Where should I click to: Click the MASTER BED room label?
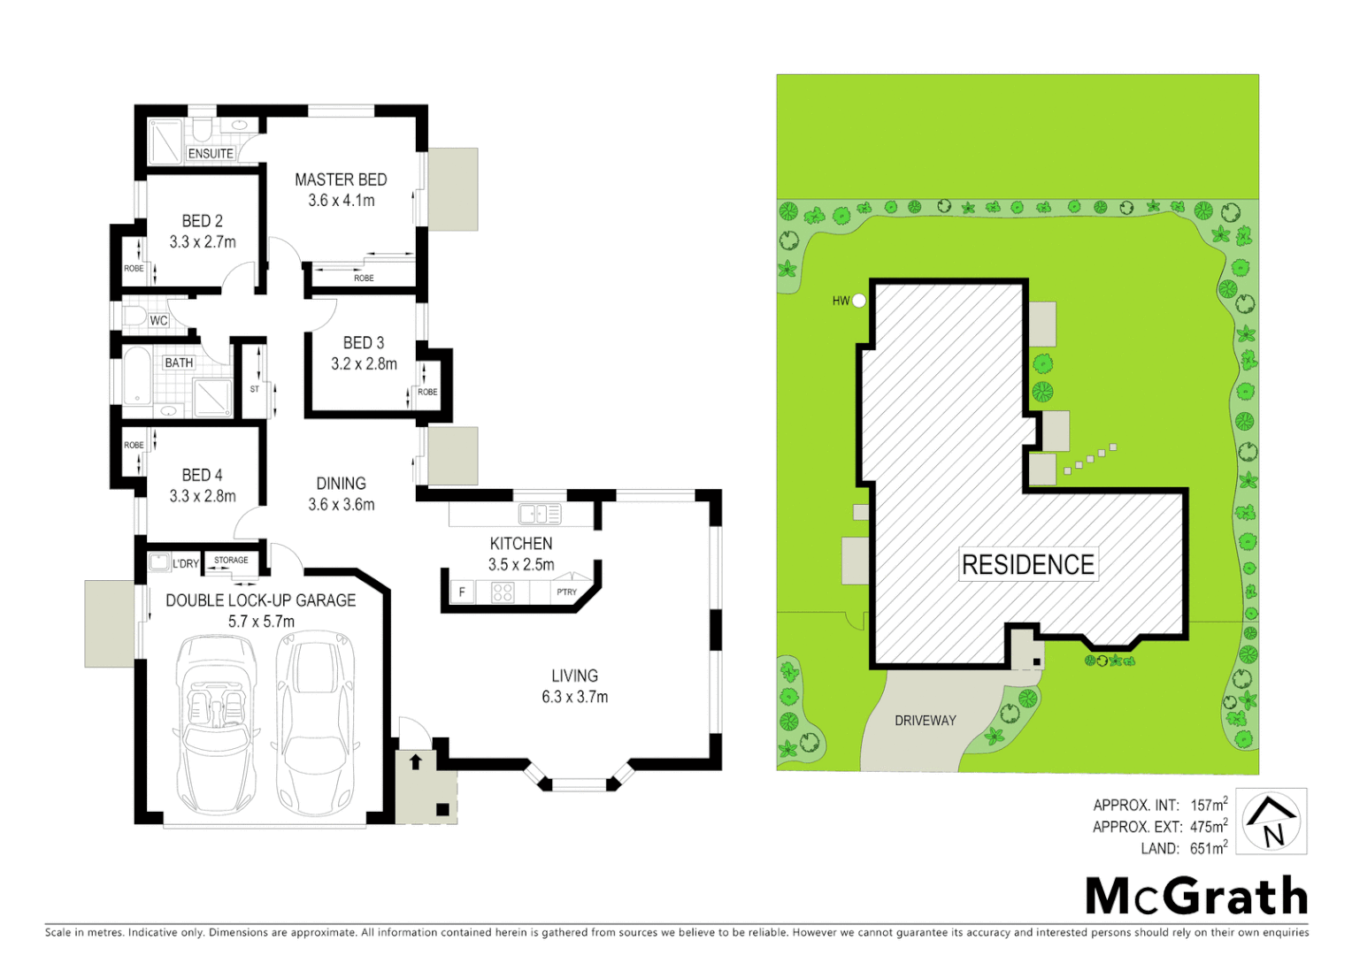[341, 180]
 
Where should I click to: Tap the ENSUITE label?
[211, 154]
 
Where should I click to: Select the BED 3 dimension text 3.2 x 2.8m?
[364, 363]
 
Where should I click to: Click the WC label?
[158, 320]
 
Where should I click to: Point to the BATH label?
[179, 363]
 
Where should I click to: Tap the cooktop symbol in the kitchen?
[502, 592]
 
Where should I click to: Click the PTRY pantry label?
[566, 592]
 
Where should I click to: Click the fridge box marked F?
[461, 592]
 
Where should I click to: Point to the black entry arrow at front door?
[416, 761]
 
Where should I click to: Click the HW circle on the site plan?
[858, 301]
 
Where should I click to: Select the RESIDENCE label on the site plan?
[1028, 564]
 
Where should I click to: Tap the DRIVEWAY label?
[925, 721]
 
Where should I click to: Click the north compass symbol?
[1271, 821]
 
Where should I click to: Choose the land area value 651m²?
[1209, 848]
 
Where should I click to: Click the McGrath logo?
[1196, 897]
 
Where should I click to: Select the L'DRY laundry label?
[186, 563]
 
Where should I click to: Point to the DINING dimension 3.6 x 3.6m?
[341, 505]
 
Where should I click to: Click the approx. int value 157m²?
[1209, 805]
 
